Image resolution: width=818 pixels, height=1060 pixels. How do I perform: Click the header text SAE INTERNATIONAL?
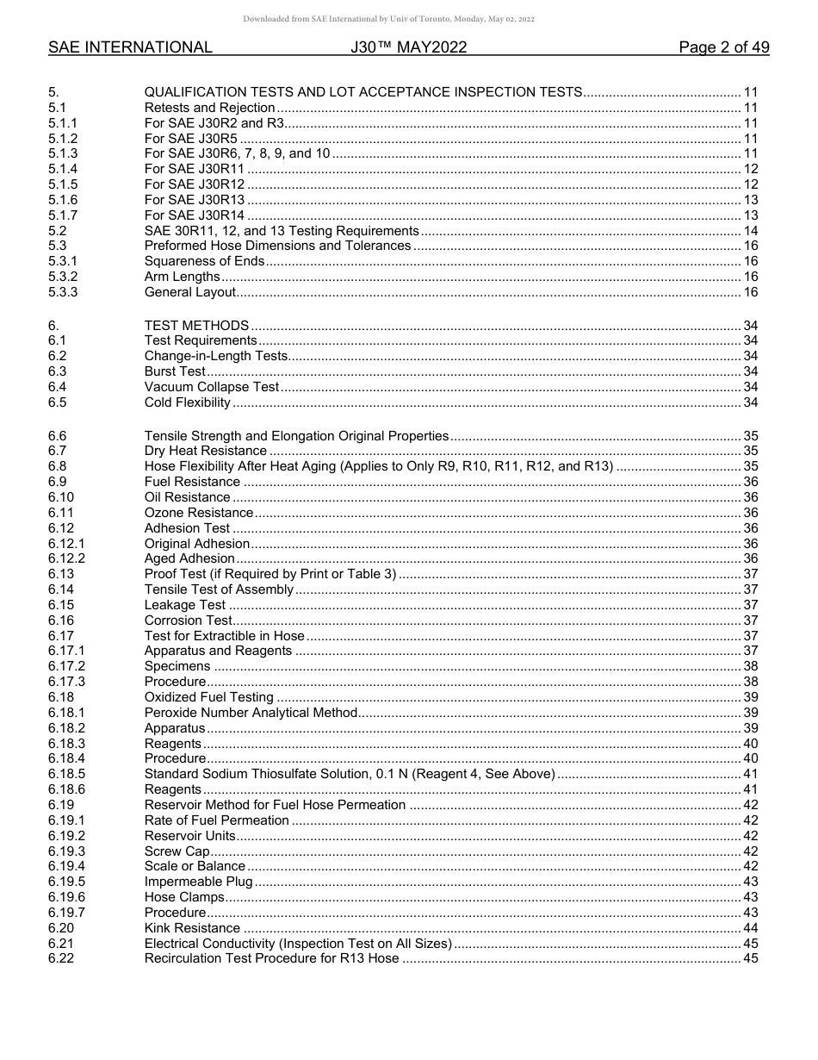(x=130, y=47)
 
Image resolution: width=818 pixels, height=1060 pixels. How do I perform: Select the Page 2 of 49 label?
(x=723, y=47)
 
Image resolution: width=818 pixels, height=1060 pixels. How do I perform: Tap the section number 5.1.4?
(x=63, y=169)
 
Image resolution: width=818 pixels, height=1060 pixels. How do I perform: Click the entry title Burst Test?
(x=175, y=371)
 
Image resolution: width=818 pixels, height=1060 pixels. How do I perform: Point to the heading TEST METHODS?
(x=196, y=326)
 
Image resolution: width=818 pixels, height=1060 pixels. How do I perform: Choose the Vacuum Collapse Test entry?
(x=211, y=387)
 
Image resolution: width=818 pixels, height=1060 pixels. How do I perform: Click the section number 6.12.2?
(x=66, y=558)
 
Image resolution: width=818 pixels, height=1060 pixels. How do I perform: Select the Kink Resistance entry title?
(x=192, y=928)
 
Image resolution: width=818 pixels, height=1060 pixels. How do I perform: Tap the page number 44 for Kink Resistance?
(x=750, y=928)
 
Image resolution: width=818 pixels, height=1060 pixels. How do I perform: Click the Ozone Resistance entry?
(x=198, y=513)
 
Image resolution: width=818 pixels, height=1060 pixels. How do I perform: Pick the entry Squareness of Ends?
(x=204, y=261)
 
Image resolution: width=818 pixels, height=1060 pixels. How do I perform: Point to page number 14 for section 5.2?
(x=750, y=231)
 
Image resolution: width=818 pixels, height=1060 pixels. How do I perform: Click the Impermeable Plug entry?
(x=198, y=882)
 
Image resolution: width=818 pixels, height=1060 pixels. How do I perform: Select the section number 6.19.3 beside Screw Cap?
(x=66, y=851)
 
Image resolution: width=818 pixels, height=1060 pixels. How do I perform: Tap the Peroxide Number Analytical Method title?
(x=250, y=713)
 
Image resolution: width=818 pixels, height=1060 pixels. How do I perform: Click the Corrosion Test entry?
(x=188, y=620)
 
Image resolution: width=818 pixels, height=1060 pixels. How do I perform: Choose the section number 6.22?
(x=60, y=958)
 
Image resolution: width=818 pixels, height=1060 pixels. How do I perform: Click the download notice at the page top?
(x=389, y=19)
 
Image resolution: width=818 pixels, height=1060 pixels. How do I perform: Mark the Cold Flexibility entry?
(x=187, y=402)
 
